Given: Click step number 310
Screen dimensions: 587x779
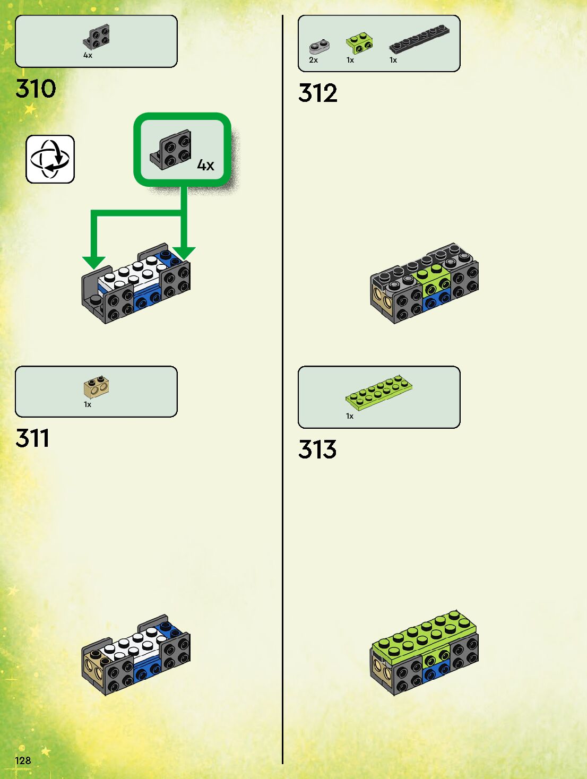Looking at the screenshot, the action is (x=36, y=89).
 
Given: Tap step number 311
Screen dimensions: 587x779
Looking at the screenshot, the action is (x=32, y=438).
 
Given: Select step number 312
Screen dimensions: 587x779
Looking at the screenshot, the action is (x=318, y=93).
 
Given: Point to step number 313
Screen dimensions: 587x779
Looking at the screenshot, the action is (x=317, y=449).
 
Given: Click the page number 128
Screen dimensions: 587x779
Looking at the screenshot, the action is (x=23, y=760).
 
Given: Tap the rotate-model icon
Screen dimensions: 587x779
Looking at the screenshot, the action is (x=50, y=159).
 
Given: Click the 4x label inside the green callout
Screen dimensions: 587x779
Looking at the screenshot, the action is (x=205, y=166).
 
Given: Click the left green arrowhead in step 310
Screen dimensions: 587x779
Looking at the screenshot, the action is (x=94, y=262).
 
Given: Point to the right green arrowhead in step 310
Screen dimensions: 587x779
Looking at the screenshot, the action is (x=184, y=254).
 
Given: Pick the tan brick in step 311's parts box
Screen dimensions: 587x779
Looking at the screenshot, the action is (x=97, y=388).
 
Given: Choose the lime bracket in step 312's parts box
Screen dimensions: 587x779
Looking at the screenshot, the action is (x=359, y=44).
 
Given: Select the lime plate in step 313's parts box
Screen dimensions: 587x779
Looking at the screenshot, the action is (x=379, y=392).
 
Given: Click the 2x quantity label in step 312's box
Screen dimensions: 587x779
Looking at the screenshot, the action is (x=313, y=60).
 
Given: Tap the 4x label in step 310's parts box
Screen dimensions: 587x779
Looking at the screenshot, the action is (x=88, y=55).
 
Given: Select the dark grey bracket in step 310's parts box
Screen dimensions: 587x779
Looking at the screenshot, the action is (x=97, y=37).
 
